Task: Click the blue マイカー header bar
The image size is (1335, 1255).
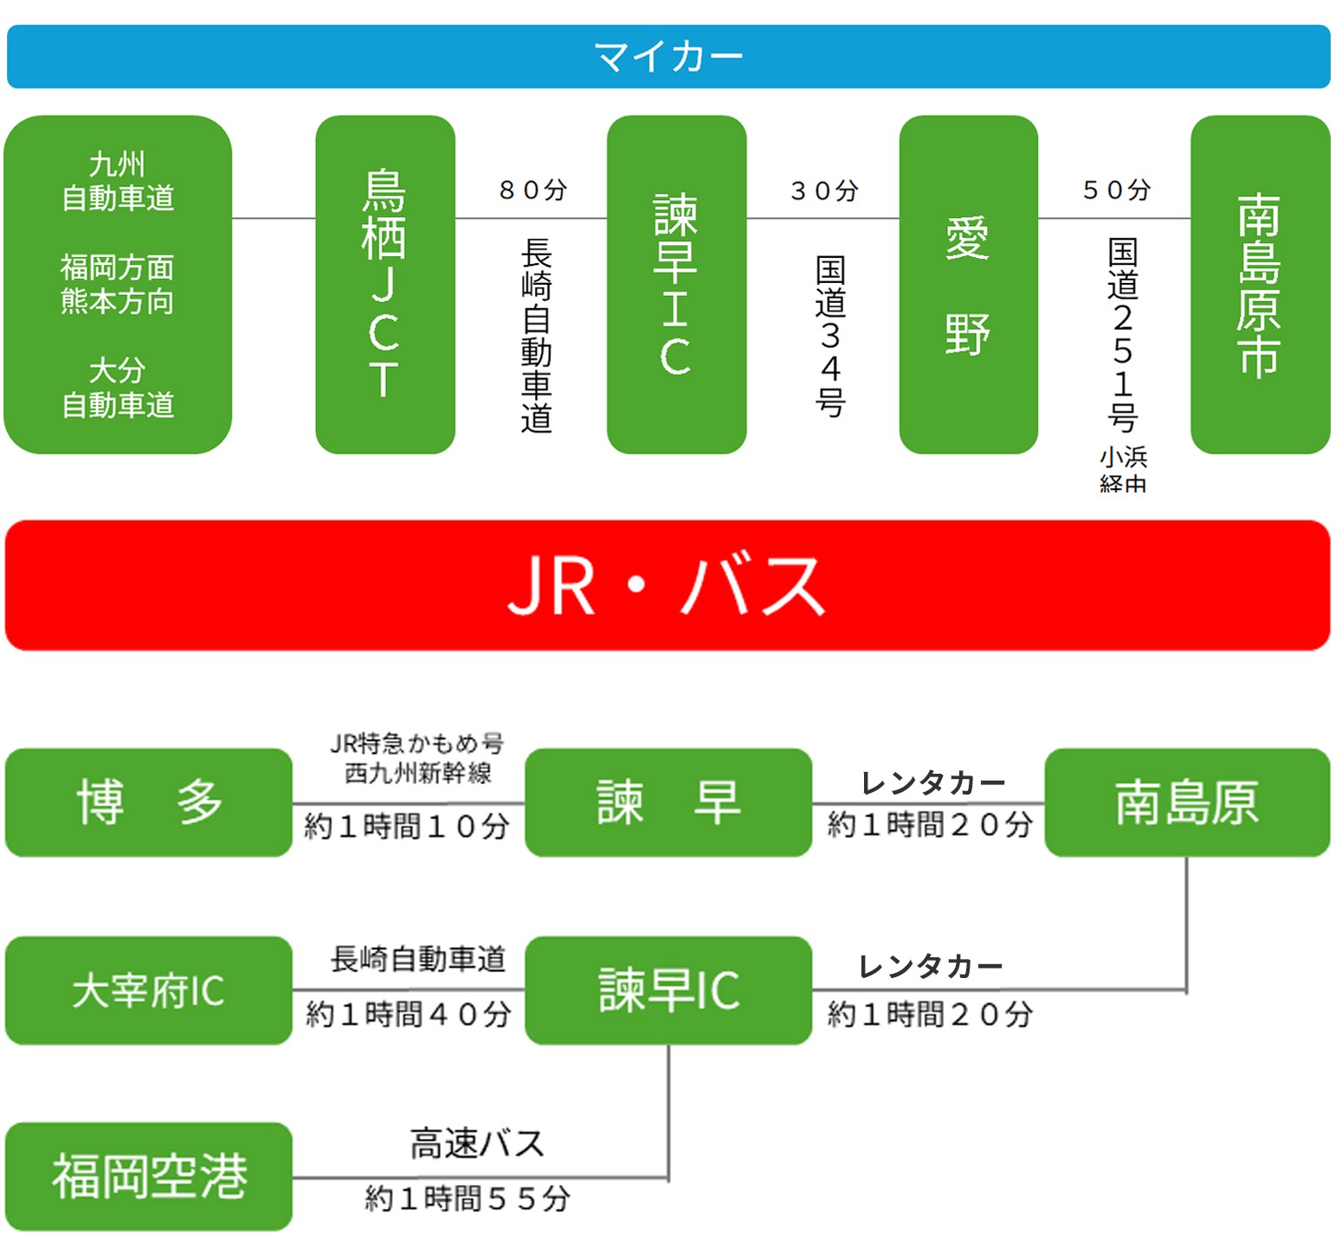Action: coord(667,57)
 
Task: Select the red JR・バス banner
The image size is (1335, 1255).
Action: coord(667,585)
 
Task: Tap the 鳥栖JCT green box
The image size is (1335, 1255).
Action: coord(385,284)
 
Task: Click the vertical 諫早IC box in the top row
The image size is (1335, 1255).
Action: coord(676,284)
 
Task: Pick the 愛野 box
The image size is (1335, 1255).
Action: coord(968,284)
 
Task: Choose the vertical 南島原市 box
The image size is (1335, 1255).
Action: coord(1260,284)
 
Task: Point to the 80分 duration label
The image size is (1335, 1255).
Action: coord(532,190)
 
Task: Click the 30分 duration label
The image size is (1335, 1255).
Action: coord(824,190)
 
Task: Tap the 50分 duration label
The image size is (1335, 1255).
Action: coord(1116,190)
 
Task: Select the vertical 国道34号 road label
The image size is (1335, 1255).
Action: coord(830,336)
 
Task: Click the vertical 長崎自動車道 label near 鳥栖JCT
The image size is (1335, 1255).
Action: coord(537,336)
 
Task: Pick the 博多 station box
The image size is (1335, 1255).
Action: coord(149,802)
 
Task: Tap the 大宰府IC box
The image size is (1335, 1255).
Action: coord(149,990)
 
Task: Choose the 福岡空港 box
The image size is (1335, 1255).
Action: coord(149,1176)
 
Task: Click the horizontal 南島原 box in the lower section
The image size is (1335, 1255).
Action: coord(1187,802)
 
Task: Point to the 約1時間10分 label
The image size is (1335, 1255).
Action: coord(407,827)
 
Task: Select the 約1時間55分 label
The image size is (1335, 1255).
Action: coord(468,1199)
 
